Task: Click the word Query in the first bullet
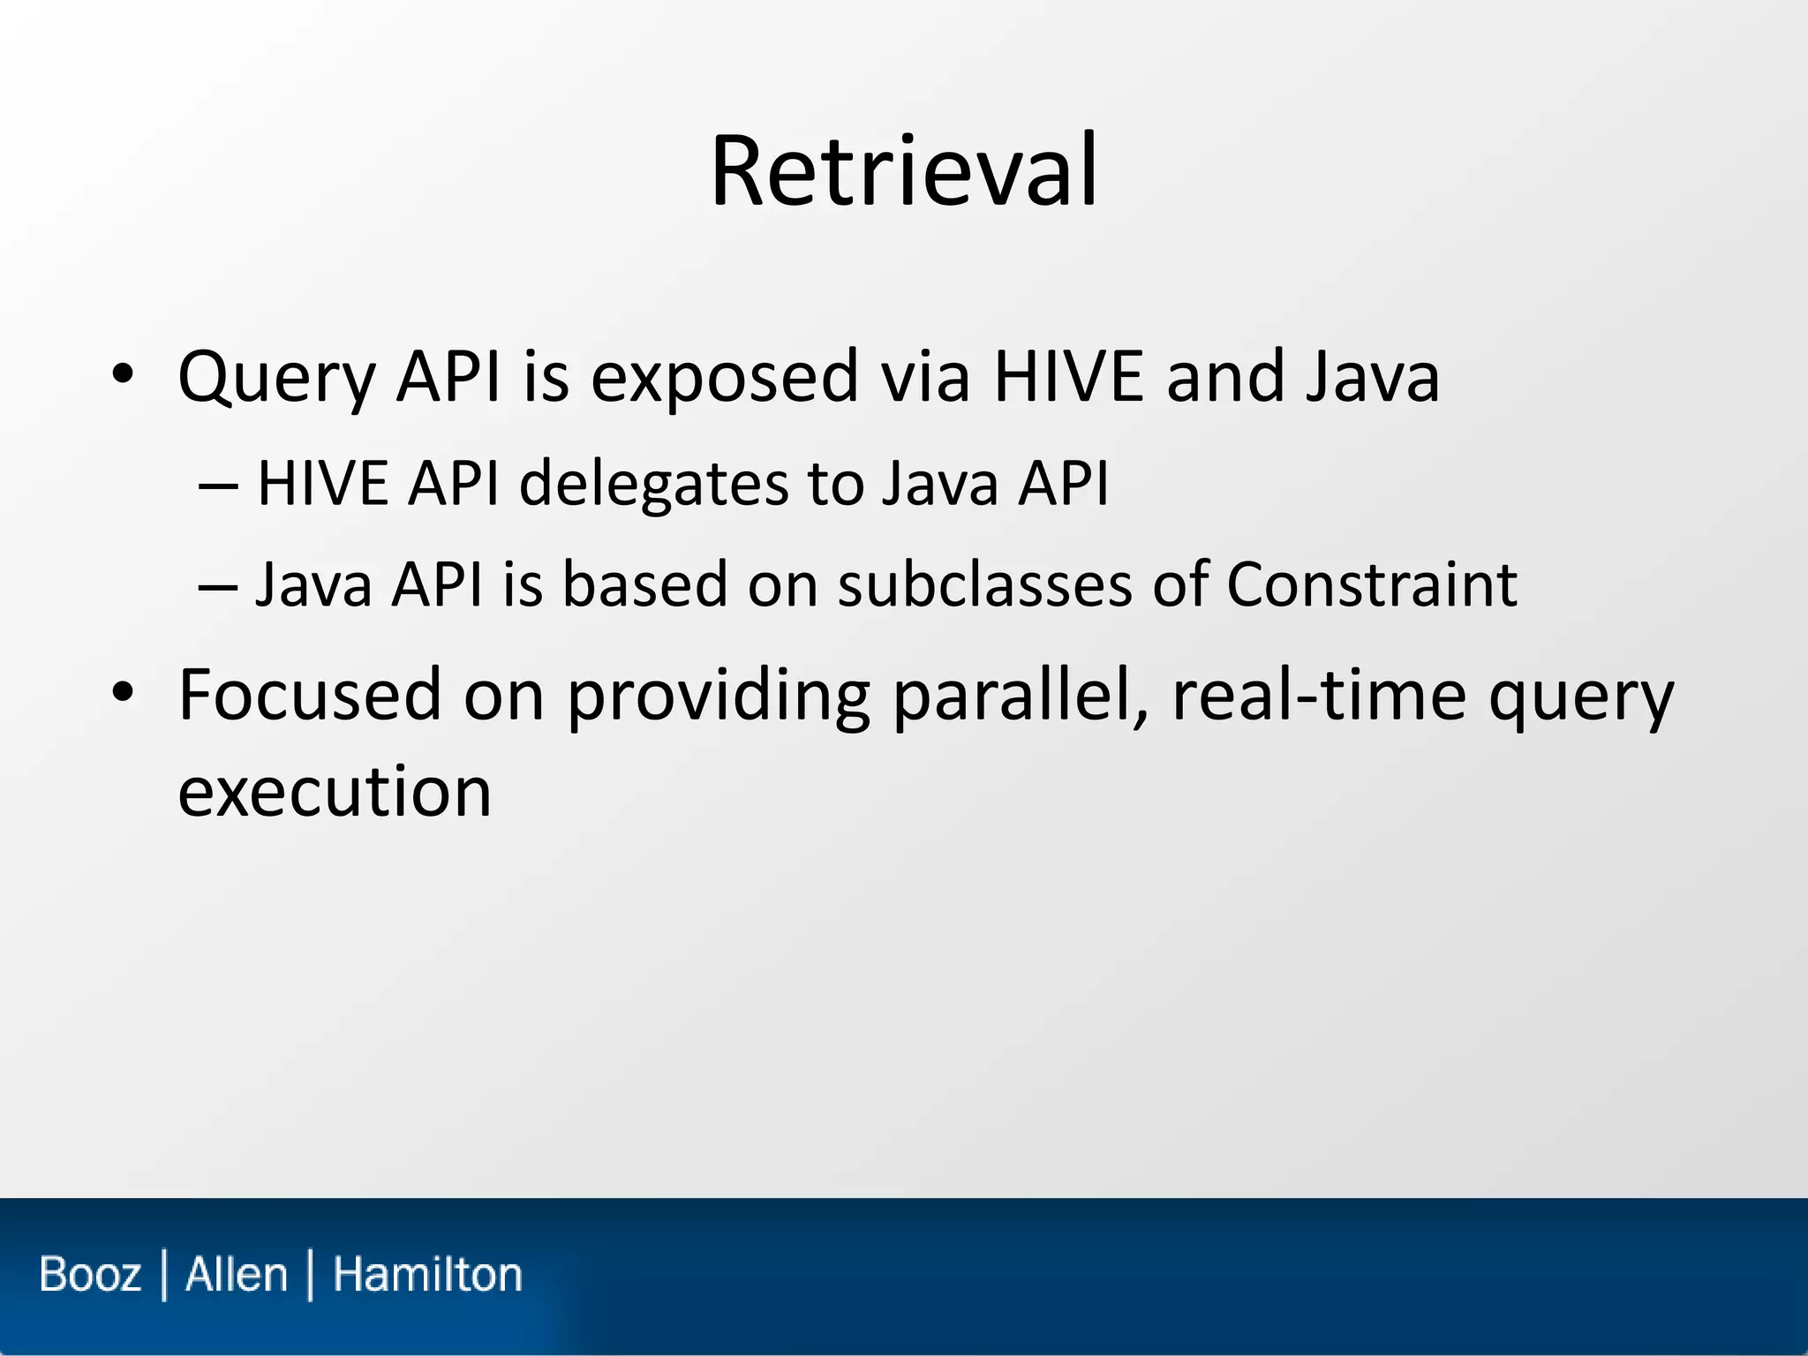point(276,378)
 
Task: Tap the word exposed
point(724,378)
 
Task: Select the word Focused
point(309,695)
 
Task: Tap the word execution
point(335,791)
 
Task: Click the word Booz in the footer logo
point(90,1275)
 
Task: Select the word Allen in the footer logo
point(237,1275)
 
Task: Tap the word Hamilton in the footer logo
point(427,1275)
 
